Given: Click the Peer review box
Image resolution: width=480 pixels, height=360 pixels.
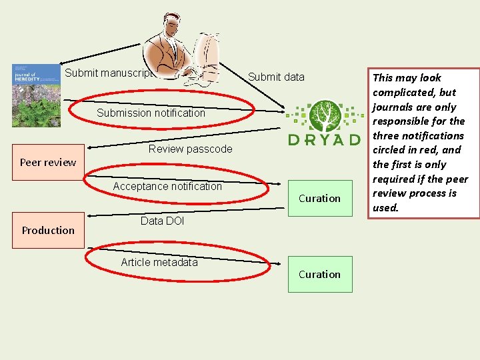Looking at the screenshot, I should pyautogui.click(x=48, y=162).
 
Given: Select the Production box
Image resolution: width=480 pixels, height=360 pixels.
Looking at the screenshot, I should pyautogui.click(x=48, y=230).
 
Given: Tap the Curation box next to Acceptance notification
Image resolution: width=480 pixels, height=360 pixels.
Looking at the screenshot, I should pyautogui.click(x=319, y=198).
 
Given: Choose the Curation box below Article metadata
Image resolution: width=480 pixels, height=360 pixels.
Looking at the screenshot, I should pyautogui.click(x=319, y=274).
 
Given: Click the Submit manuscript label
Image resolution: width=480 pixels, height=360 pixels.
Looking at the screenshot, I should pyautogui.click(x=110, y=73).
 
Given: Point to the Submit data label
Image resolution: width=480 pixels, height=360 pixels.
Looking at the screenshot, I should pyautogui.click(x=276, y=77).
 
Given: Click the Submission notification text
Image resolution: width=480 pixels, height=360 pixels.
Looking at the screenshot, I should pyautogui.click(x=151, y=113).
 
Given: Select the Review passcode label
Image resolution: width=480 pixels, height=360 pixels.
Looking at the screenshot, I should pyautogui.click(x=190, y=149).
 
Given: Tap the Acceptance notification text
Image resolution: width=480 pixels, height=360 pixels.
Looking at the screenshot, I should pyautogui.click(x=167, y=186).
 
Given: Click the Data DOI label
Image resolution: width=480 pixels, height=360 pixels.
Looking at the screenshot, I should pyautogui.click(x=162, y=221).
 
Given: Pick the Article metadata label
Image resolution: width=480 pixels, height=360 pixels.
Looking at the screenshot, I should pyautogui.click(x=159, y=262).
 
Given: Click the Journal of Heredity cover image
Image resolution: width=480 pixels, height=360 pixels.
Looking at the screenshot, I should pyautogui.click(x=36, y=95).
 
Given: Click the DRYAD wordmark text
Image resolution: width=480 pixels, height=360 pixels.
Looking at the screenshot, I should pyautogui.click(x=324, y=139).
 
